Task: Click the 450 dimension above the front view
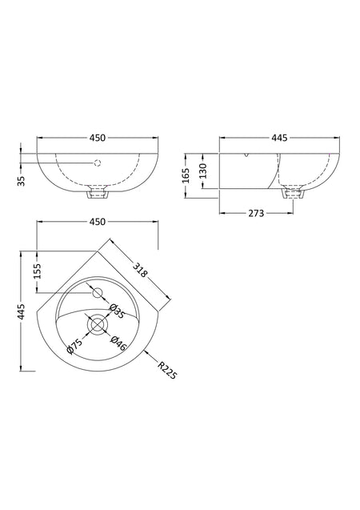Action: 98,138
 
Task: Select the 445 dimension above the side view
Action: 279,138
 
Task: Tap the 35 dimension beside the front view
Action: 21,181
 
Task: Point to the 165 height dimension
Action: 186,175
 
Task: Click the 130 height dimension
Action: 202,171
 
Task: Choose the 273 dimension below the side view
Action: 256,213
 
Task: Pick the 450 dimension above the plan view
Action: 98,222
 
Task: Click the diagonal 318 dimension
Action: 140,270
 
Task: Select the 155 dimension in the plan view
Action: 38,271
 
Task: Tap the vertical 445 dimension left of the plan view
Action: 21,311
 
